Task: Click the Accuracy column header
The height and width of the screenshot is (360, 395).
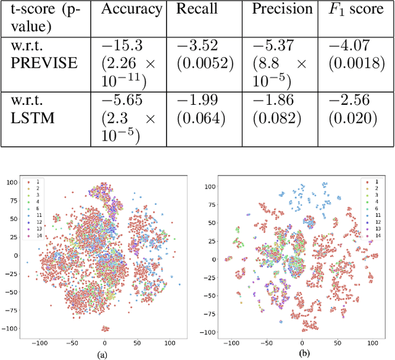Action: click(x=131, y=9)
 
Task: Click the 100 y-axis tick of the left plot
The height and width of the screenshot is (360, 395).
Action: click(x=12, y=182)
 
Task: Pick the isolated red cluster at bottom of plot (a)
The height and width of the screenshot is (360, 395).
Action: click(x=106, y=329)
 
